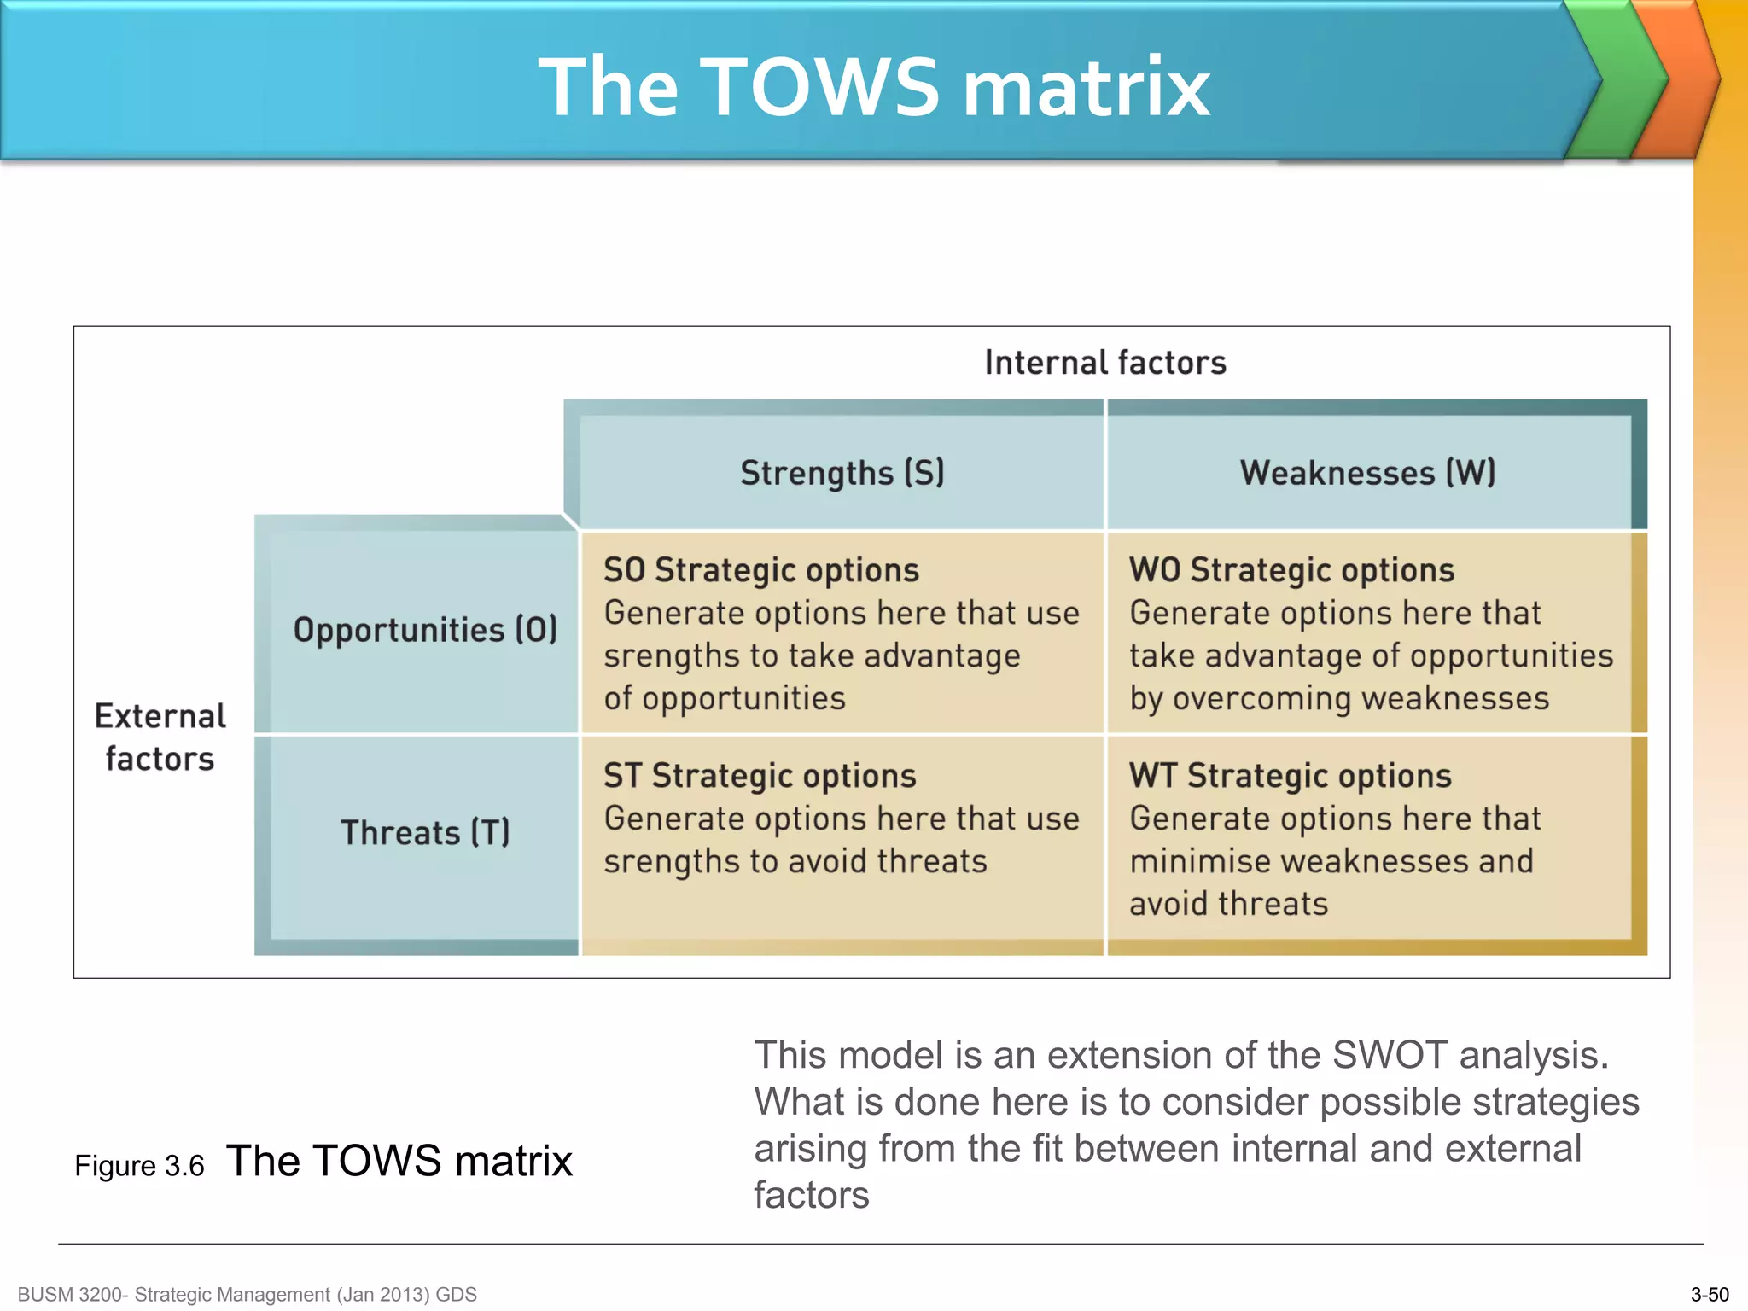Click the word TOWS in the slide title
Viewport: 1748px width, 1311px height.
point(819,87)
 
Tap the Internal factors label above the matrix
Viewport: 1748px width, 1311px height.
point(1104,363)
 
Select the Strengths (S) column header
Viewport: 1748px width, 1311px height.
point(842,473)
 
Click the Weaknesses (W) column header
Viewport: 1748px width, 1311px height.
point(1367,473)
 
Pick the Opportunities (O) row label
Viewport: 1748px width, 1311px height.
point(425,630)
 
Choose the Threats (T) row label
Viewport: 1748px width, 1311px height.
point(425,832)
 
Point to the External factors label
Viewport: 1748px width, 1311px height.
point(160,737)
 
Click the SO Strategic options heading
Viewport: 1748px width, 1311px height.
point(761,570)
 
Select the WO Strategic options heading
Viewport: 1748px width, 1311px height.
point(1291,570)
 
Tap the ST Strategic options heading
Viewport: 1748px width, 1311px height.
point(760,776)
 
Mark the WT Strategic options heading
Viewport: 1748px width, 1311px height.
point(1290,776)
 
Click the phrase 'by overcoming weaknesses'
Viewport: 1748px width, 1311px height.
point(1338,699)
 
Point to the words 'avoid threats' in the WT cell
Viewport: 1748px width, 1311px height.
point(1228,904)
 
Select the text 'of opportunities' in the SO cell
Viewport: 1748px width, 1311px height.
point(725,699)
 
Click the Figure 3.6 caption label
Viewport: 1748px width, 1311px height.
point(139,1166)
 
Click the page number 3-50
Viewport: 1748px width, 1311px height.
point(1709,1295)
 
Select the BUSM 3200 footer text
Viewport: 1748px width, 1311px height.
point(247,1295)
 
